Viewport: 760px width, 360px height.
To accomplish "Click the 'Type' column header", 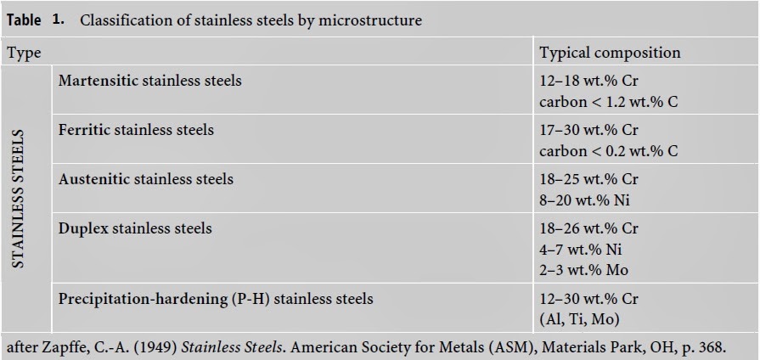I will pyautogui.click(x=25, y=53).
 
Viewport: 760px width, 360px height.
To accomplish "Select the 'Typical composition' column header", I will pyautogui.click(x=610, y=53).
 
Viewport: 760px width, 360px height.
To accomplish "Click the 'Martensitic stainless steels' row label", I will pyautogui.click(x=149, y=81).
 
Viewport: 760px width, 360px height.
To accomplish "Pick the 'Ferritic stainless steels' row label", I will pyautogui.click(x=136, y=130).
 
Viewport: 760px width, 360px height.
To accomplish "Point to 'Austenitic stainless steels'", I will pyautogui.click(x=145, y=179).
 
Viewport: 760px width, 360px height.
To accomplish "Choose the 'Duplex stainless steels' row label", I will pyautogui.click(x=135, y=228).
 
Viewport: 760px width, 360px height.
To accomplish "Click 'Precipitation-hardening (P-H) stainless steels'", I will pyautogui.click(x=216, y=299).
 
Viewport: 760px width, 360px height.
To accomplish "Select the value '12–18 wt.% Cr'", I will pyautogui.click(x=588, y=82).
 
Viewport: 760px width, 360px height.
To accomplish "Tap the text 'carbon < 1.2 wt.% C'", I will pyautogui.click(x=608, y=102).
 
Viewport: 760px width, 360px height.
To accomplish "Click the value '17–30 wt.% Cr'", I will pyautogui.click(x=588, y=131).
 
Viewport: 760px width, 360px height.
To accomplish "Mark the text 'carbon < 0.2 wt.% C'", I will pyautogui.click(x=608, y=151).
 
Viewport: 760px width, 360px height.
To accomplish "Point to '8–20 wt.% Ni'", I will pyautogui.click(x=584, y=200).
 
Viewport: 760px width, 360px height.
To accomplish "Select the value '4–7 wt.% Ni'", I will pyautogui.click(x=581, y=250).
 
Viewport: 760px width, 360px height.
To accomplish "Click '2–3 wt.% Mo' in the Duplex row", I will pyautogui.click(x=583, y=270).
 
